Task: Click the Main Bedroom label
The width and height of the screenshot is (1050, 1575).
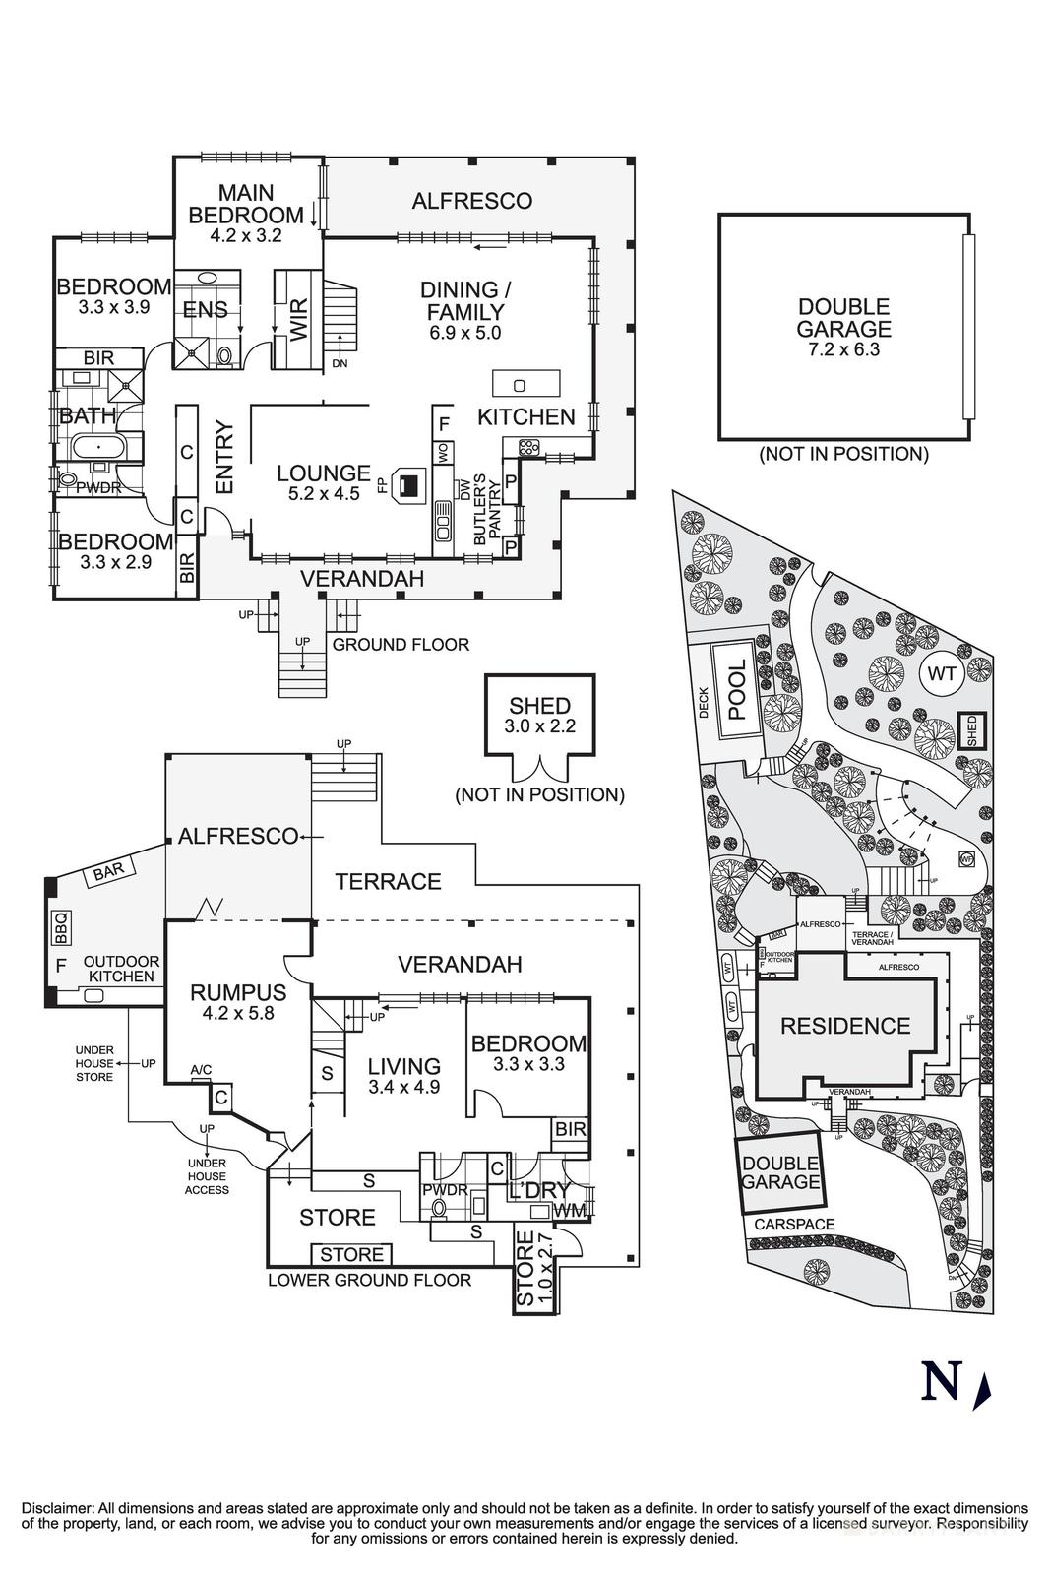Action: tap(246, 204)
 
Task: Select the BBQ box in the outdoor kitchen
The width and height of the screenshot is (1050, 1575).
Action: tap(59, 926)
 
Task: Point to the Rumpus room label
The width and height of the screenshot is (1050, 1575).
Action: tap(238, 992)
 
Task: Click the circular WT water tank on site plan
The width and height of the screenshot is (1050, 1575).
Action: tap(939, 675)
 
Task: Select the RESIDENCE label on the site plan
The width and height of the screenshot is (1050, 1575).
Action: tap(844, 1026)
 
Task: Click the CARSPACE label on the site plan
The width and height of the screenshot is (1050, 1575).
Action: tap(794, 1225)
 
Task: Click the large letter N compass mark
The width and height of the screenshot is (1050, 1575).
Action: tap(940, 1381)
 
